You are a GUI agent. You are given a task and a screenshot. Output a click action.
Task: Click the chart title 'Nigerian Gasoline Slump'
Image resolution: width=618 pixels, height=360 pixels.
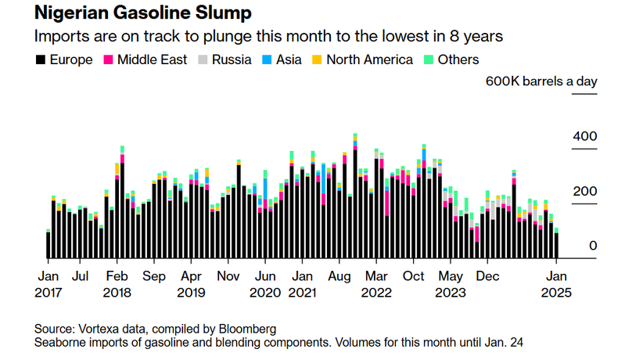pos(131,15)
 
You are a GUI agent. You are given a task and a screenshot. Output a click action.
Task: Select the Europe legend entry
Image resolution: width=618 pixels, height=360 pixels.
pos(64,59)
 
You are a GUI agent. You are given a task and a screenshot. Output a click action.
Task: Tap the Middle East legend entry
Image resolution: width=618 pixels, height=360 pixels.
pos(145,59)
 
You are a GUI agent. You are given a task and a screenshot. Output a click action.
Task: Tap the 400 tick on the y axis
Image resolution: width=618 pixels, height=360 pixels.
pos(584,137)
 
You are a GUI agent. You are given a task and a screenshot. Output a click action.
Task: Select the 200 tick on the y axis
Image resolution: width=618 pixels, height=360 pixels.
pos(584,192)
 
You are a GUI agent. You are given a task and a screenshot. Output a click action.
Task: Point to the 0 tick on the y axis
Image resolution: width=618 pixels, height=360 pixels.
pos(592,246)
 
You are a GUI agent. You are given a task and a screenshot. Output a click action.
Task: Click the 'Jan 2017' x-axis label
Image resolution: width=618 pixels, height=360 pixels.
pos(49,284)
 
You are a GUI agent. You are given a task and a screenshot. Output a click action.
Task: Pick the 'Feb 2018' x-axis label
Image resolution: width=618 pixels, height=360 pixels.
pos(117,284)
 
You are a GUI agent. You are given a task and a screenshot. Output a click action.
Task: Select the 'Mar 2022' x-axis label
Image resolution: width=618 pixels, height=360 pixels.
pos(378,284)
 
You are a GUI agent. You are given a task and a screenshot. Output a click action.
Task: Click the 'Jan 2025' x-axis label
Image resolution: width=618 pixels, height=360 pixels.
pos(557,284)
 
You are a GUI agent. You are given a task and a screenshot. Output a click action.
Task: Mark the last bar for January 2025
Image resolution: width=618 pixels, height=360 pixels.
pos(557,244)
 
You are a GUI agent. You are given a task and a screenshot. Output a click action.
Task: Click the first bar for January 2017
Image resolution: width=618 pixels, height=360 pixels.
pos(49,244)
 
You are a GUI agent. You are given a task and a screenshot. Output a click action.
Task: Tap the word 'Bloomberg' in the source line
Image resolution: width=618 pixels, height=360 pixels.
pos(249,329)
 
